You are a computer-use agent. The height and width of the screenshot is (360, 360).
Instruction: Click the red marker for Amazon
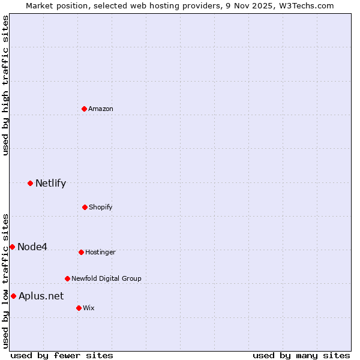84,109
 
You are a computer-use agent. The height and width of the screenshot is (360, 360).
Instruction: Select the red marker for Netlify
30,183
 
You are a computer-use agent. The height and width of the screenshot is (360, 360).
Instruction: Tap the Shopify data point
85,207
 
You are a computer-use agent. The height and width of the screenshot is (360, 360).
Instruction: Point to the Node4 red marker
12,247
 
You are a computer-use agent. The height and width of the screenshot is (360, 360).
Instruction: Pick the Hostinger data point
81,252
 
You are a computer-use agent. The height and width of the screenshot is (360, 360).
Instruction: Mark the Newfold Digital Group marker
67,278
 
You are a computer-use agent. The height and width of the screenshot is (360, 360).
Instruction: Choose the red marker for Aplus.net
13,296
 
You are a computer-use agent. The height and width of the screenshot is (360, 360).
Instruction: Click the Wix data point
79,308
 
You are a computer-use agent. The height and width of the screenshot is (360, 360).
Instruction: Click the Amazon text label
101,109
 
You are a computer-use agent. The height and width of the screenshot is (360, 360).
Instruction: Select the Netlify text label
50,183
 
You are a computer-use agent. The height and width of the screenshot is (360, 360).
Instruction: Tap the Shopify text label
101,207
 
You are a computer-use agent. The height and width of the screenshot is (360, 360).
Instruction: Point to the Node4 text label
32,247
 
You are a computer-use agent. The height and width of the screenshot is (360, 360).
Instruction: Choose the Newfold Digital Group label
107,278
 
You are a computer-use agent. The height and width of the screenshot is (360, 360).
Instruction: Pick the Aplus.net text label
41,296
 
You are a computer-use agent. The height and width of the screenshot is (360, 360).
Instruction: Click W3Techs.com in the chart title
304,5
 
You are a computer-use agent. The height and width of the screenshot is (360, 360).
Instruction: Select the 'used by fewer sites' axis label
62,355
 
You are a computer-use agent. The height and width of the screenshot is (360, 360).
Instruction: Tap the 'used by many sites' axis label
301,355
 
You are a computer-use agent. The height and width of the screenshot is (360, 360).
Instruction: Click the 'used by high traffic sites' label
5,85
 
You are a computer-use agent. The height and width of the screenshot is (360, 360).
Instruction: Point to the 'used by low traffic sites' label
5,281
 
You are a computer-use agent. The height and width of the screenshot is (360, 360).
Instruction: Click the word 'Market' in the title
41,5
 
